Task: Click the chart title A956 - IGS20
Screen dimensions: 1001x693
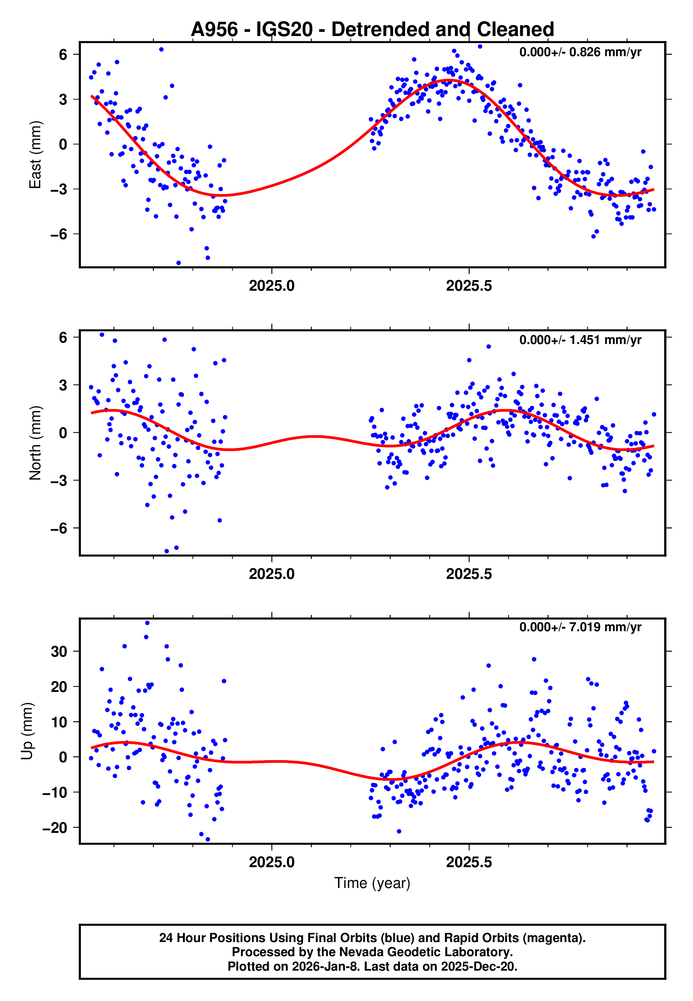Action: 372,30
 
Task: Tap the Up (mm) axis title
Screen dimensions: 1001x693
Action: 27,730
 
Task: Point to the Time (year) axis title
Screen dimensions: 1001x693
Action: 372,883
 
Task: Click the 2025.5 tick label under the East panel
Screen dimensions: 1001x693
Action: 469,286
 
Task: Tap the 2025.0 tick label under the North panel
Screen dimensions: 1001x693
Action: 272,574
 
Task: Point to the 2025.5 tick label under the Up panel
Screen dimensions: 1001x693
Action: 469,862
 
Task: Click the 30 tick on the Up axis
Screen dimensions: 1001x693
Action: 59,652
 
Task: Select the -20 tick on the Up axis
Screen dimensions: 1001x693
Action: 55,828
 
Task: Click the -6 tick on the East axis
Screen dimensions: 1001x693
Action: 59,235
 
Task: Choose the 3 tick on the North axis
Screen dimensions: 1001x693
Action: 63,385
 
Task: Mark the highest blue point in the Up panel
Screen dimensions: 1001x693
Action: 147,623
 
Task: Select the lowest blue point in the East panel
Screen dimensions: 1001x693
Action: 178,263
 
